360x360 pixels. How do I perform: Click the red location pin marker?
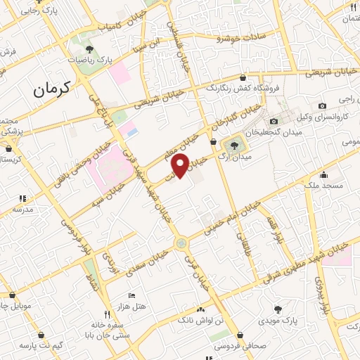click(180, 166)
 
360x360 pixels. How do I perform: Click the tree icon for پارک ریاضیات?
click(89, 49)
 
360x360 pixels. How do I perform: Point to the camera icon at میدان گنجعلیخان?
click(274, 122)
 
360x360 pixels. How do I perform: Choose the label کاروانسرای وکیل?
click(323, 116)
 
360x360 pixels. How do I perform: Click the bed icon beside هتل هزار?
click(131, 296)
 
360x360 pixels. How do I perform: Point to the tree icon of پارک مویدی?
click(278, 309)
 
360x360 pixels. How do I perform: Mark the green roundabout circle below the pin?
click(182, 243)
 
